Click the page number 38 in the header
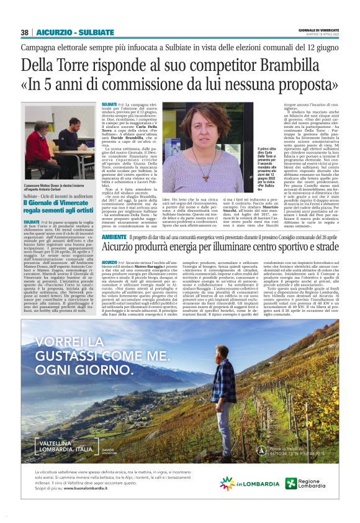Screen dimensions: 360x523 click(25, 32)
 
